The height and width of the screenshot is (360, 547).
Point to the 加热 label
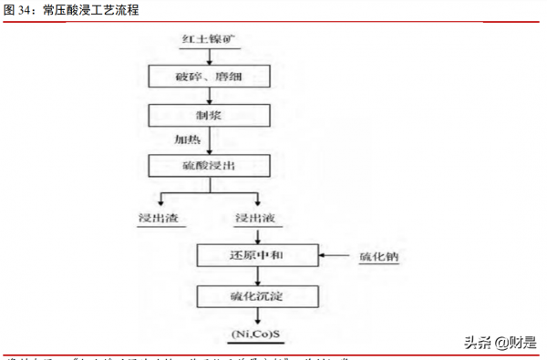[x=189, y=140]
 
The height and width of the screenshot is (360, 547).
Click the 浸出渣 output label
[x=158, y=219]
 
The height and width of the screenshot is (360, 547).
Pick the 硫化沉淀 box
[x=258, y=296]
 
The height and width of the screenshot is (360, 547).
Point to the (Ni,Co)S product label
[x=258, y=334]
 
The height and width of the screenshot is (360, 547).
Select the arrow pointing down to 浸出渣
[x=162, y=199]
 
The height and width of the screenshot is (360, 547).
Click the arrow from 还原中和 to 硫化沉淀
[x=258, y=274]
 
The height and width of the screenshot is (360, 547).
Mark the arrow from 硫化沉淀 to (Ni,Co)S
[x=258, y=316]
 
